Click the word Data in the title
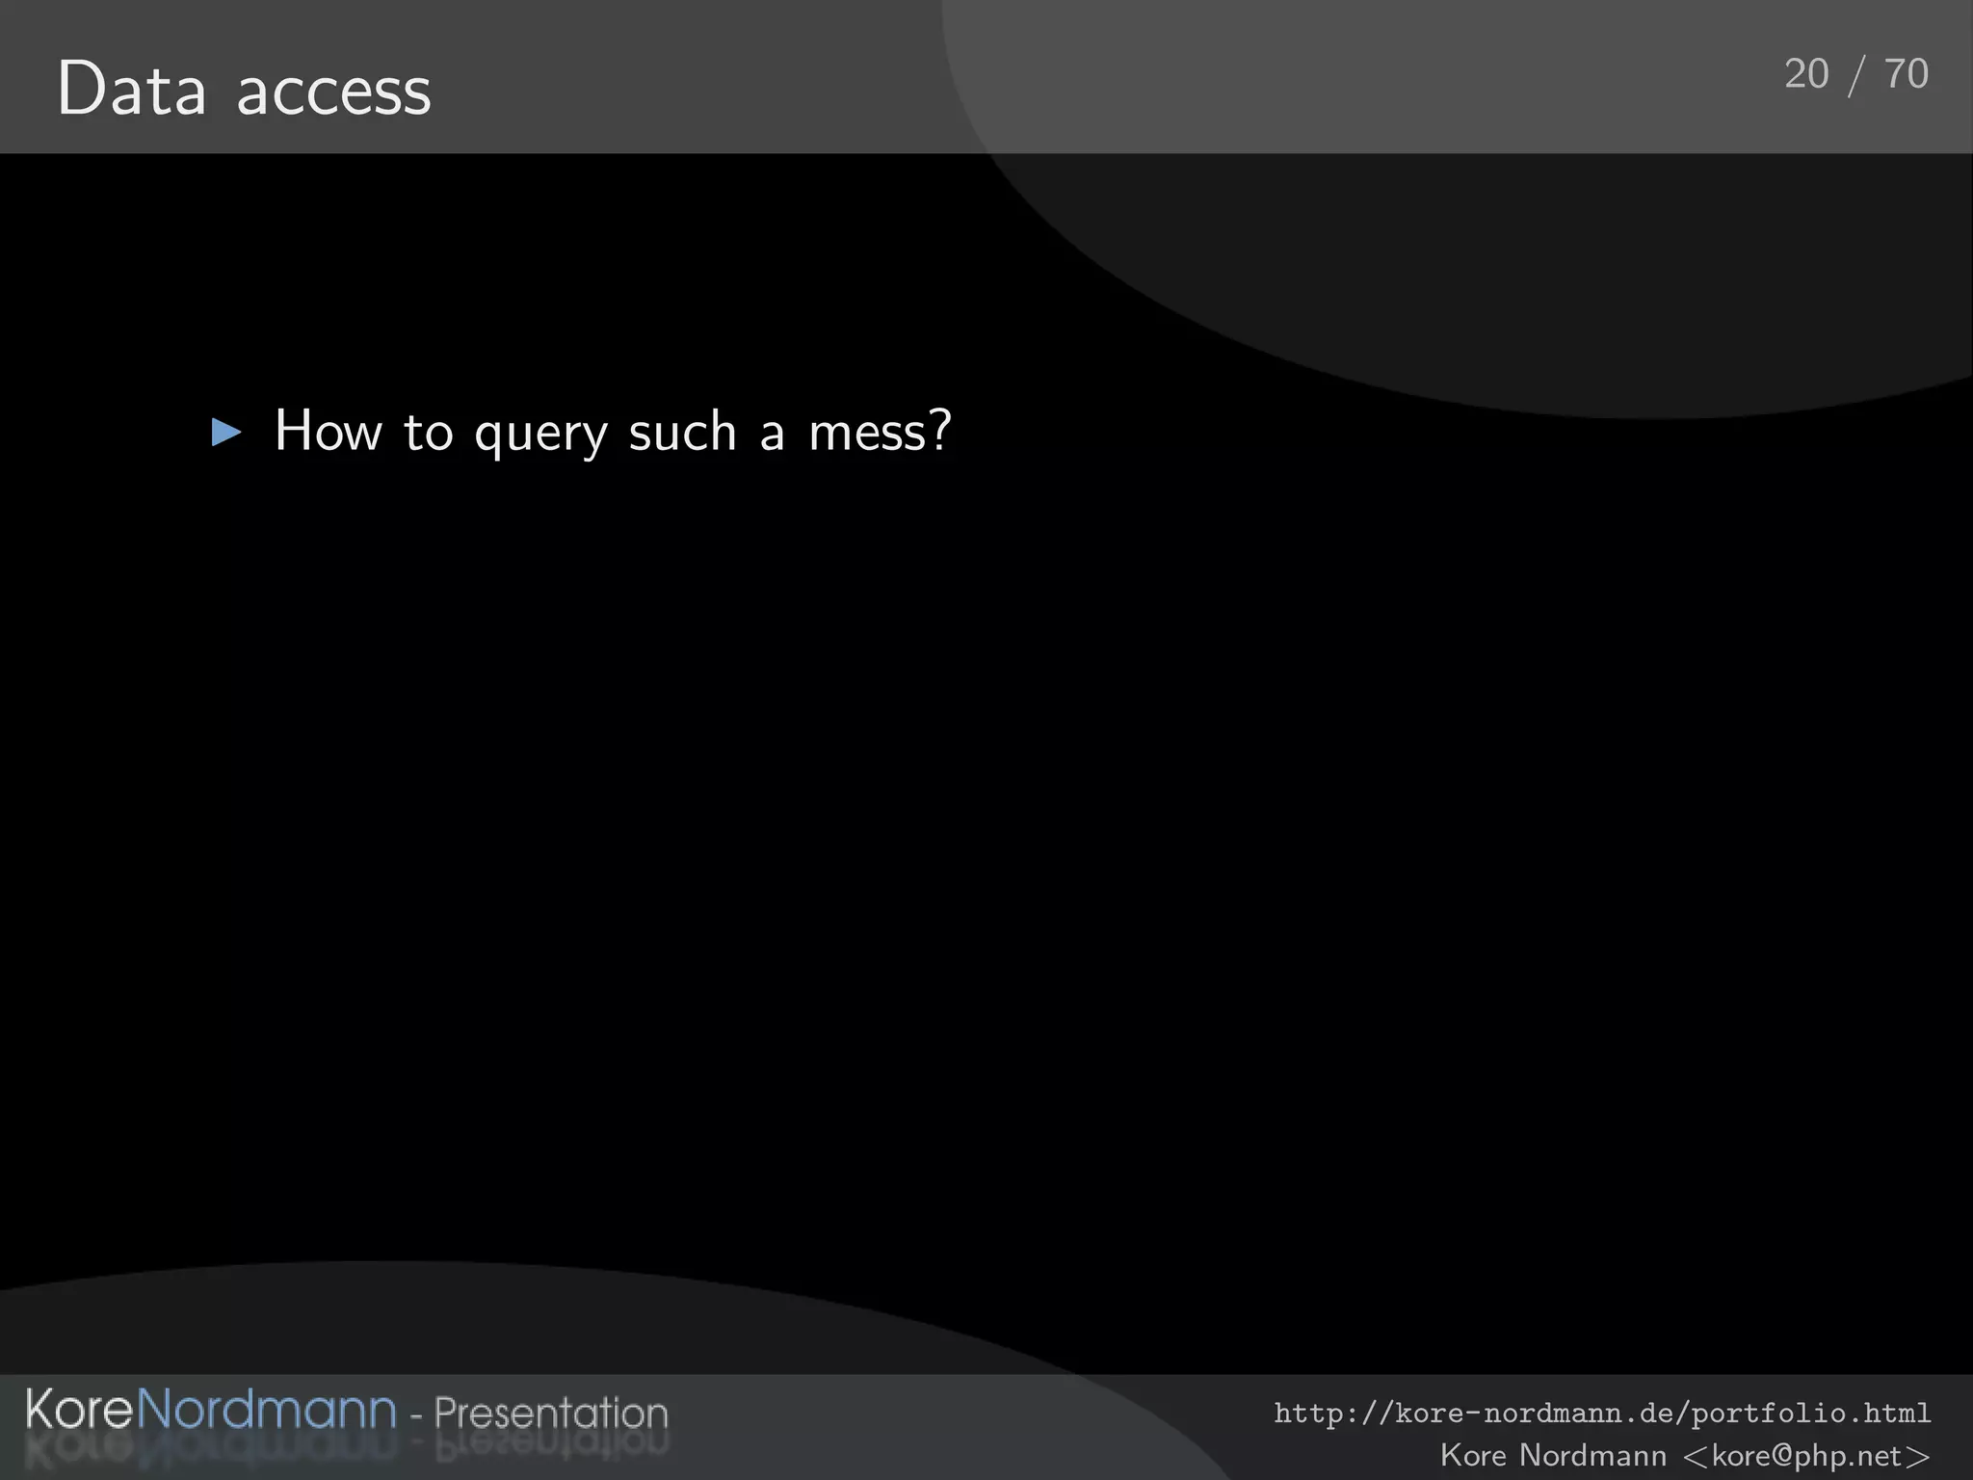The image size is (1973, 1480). (132, 90)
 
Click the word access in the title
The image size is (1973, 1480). (333, 93)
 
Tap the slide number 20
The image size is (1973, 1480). (1806, 74)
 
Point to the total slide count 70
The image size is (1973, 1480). (1907, 74)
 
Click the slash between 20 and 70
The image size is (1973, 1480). (1856, 76)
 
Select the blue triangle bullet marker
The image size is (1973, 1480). (225, 433)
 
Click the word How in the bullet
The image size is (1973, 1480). (329, 431)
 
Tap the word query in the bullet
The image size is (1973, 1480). (540, 435)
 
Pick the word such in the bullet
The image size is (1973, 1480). (682, 431)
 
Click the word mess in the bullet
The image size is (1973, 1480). (868, 433)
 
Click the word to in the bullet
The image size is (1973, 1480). (428, 433)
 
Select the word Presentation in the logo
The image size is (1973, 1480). (550, 1414)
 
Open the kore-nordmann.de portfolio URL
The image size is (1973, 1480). (1602, 1414)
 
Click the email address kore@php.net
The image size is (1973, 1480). (1807, 1455)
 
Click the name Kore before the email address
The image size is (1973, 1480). (1473, 1455)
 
